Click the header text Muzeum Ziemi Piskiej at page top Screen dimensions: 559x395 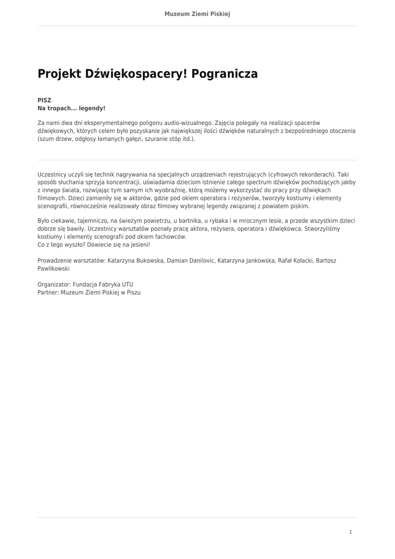coord(197,14)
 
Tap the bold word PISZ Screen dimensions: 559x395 coord(44,100)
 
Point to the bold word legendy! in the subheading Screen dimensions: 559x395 coord(92,109)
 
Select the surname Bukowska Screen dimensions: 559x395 coord(146,260)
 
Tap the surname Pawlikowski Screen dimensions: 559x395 coord(53,269)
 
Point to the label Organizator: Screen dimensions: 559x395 coord(54,284)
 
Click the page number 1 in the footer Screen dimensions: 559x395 coord(350,532)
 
